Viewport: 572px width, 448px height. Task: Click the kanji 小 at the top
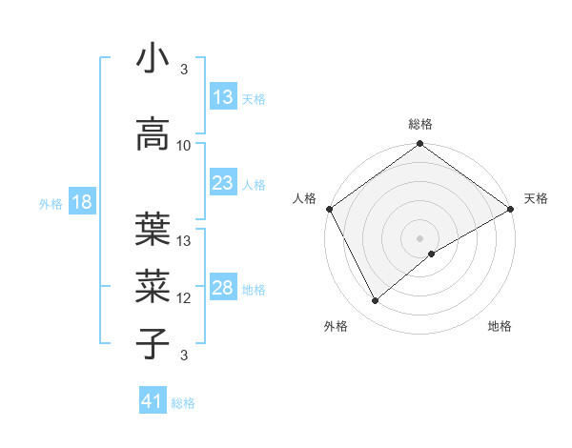tap(153, 59)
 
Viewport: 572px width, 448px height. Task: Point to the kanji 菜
tap(153, 284)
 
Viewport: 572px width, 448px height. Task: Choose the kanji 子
tap(153, 343)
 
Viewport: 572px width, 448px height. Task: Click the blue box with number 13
tap(223, 97)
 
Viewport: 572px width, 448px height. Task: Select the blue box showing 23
tap(223, 183)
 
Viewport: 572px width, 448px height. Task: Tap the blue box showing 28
tap(223, 288)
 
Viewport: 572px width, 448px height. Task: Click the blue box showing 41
tap(153, 401)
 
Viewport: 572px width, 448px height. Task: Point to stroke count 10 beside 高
tap(184, 146)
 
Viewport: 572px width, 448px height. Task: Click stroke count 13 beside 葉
tap(184, 240)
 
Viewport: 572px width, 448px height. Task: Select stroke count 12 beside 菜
tap(184, 298)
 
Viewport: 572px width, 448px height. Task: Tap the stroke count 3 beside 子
tap(184, 356)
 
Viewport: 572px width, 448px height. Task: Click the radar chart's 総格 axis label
tap(419, 124)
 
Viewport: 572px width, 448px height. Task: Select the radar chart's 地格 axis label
tap(500, 326)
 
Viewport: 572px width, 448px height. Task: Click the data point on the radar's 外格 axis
tap(376, 301)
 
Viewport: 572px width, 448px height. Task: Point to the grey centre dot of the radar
tap(419, 237)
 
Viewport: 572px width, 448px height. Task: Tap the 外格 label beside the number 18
tap(50, 203)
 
